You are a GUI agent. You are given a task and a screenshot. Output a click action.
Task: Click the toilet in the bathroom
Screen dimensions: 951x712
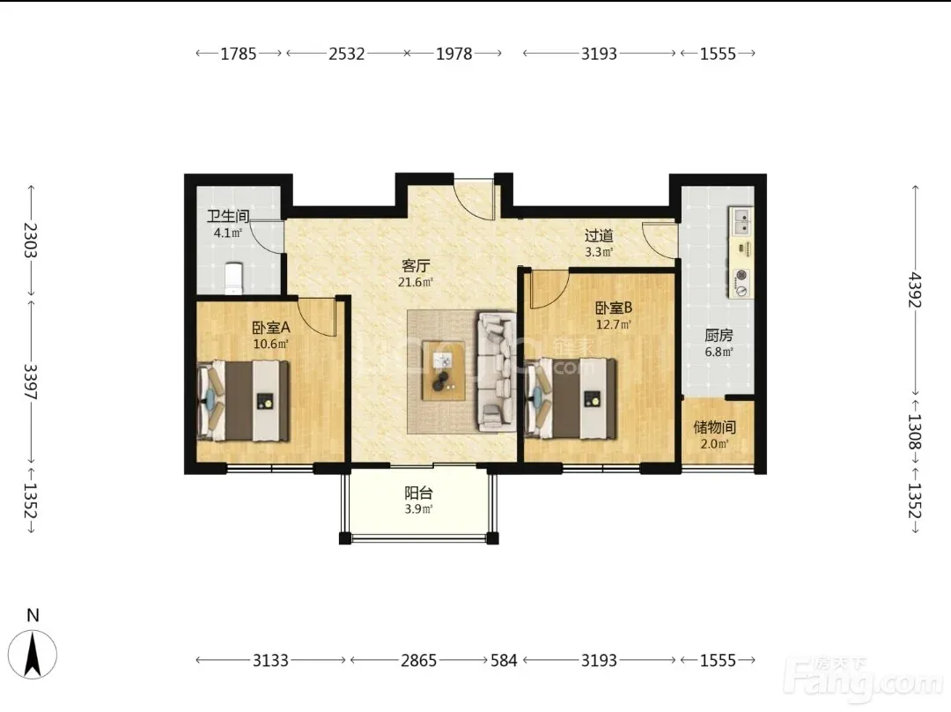(x=232, y=278)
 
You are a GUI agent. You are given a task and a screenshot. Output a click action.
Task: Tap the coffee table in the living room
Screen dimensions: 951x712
(x=444, y=370)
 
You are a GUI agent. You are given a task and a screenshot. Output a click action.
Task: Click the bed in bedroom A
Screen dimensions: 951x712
(x=243, y=401)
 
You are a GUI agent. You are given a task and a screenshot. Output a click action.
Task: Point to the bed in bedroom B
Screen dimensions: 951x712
(x=571, y=398)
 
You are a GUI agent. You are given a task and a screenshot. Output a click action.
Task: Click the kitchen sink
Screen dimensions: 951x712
(x=741, y=221)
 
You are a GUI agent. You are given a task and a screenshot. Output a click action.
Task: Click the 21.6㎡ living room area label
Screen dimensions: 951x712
(x=416, y=282)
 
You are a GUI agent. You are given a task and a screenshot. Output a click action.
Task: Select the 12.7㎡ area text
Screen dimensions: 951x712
(x=613, y=324)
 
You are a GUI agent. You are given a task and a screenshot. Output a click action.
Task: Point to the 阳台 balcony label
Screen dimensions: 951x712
(x=418, y=493)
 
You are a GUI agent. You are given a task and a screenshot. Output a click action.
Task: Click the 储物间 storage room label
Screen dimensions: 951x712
(x=714, y=427)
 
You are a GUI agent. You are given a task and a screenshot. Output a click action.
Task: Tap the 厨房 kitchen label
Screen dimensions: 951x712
(x=719, y=335)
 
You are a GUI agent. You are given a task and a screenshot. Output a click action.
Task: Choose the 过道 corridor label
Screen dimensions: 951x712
(x=599, y=235)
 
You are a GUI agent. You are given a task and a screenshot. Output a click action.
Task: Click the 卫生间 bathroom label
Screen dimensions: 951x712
(x=228, y=216)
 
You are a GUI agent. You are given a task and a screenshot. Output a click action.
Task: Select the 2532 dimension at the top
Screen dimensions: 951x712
(x=347, y=54)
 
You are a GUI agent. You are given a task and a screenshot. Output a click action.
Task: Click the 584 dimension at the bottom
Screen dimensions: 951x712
(x=504, y=660)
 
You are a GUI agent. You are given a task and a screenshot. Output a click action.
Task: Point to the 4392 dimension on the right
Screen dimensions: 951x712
(x=915, y=290)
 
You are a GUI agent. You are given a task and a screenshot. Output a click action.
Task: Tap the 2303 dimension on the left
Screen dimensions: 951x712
(x=30, y=241)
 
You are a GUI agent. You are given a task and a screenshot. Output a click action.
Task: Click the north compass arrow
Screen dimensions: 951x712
(x=33, y=655)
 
